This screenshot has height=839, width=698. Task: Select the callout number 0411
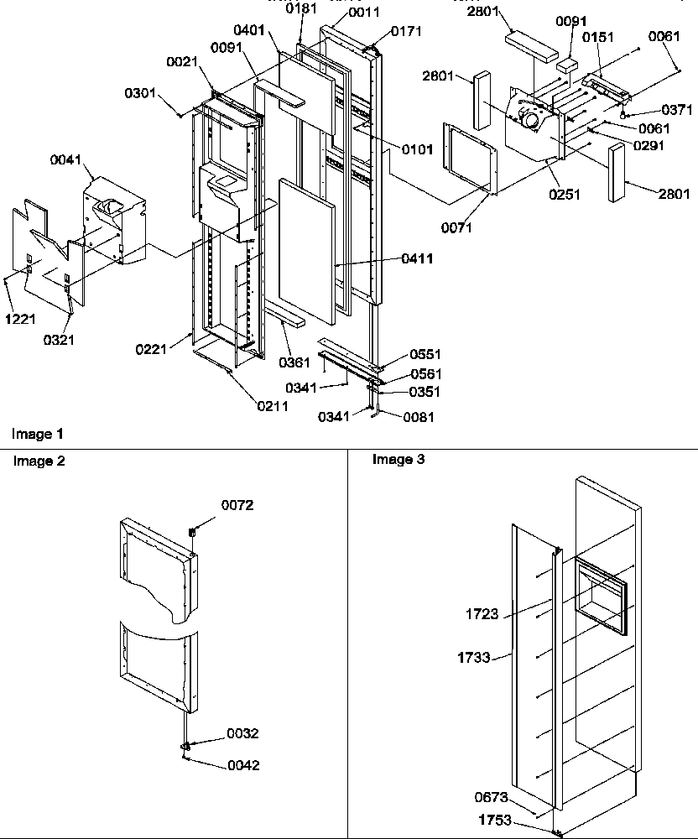(417, 259)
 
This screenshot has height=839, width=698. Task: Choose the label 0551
(425, 355)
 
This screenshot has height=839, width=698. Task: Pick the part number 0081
(419, 415)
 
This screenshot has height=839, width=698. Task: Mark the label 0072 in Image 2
(237, 505)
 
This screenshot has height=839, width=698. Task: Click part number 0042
(243, 765)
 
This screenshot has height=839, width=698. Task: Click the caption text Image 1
(37, 434)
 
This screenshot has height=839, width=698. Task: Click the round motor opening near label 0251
(530, 121)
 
